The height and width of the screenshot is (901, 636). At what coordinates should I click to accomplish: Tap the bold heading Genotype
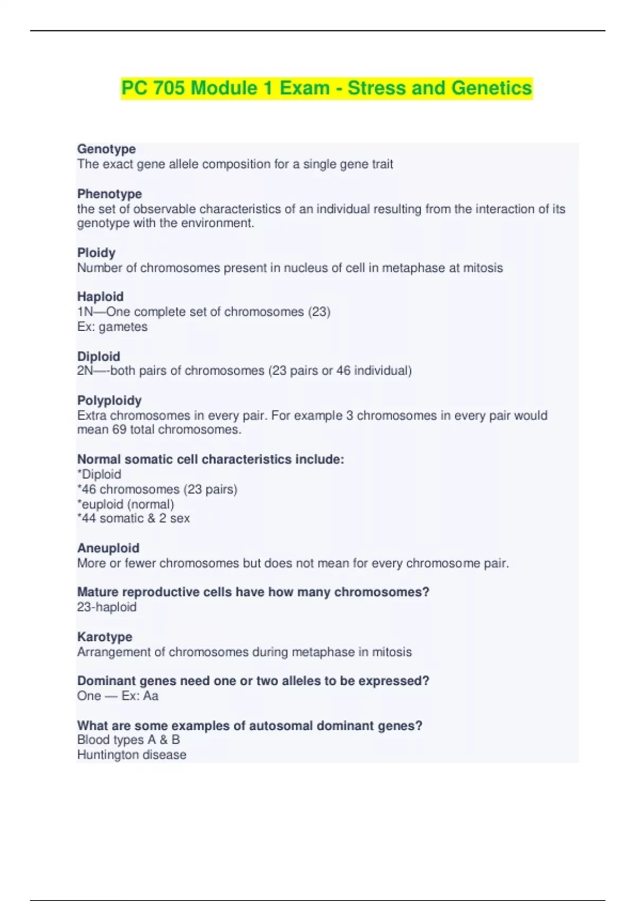[107, 149]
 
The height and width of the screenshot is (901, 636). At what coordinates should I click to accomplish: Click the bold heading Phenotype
[110, 194]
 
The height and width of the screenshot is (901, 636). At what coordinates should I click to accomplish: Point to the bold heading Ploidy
[96, 253]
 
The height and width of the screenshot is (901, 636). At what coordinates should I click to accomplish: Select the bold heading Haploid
[100, 297]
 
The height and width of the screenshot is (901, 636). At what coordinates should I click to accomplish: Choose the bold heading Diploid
[99, 356]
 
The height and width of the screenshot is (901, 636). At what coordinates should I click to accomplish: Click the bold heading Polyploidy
[109, 400]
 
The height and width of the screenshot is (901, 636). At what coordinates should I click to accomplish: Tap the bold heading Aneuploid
[108, 548]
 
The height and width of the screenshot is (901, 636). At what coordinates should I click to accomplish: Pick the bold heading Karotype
[105, 637]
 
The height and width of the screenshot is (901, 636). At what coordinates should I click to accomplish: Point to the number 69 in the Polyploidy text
[119, 429]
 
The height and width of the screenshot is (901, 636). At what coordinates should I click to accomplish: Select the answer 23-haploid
[107, 607]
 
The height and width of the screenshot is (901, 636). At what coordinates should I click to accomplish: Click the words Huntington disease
[131, 755]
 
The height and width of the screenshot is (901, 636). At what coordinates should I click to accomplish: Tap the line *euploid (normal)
[126, 504]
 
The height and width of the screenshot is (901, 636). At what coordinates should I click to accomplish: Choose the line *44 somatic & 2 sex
[134, 518]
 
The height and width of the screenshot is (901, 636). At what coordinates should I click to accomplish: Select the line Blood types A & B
[128, 740]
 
